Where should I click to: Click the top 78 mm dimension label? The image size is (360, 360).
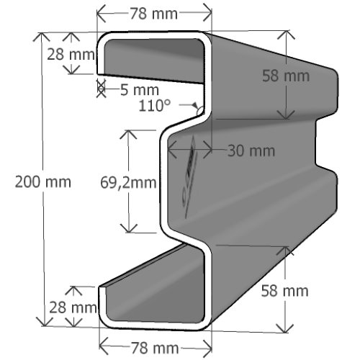154,14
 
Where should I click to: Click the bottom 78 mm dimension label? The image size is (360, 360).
155,348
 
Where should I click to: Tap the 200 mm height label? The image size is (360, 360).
43,181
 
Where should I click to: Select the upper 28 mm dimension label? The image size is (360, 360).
71,54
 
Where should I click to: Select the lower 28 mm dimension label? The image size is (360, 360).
73,307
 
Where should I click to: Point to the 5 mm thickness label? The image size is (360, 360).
140,90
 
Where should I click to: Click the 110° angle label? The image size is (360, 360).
155,105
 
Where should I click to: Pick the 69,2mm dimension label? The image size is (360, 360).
128,182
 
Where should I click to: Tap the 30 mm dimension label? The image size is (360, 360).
251,150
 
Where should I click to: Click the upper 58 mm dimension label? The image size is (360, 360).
286,76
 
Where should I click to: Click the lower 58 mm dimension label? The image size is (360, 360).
284,291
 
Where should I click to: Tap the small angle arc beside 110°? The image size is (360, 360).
199,111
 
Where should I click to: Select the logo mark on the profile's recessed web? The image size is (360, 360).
189,177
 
